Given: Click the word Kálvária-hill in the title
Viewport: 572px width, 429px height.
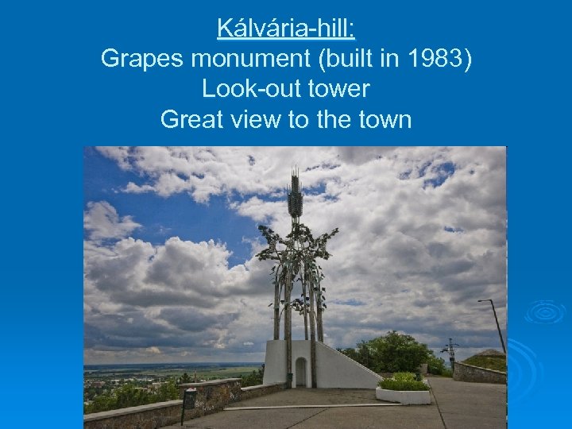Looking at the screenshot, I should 286,29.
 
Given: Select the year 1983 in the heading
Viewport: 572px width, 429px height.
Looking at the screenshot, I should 431,60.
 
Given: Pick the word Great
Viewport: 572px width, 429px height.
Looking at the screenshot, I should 191,120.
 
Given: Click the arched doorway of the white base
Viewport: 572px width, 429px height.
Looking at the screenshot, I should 300,372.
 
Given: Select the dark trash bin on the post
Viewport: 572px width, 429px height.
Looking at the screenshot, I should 189,400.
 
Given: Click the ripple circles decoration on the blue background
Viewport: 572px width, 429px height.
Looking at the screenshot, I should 544,312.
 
